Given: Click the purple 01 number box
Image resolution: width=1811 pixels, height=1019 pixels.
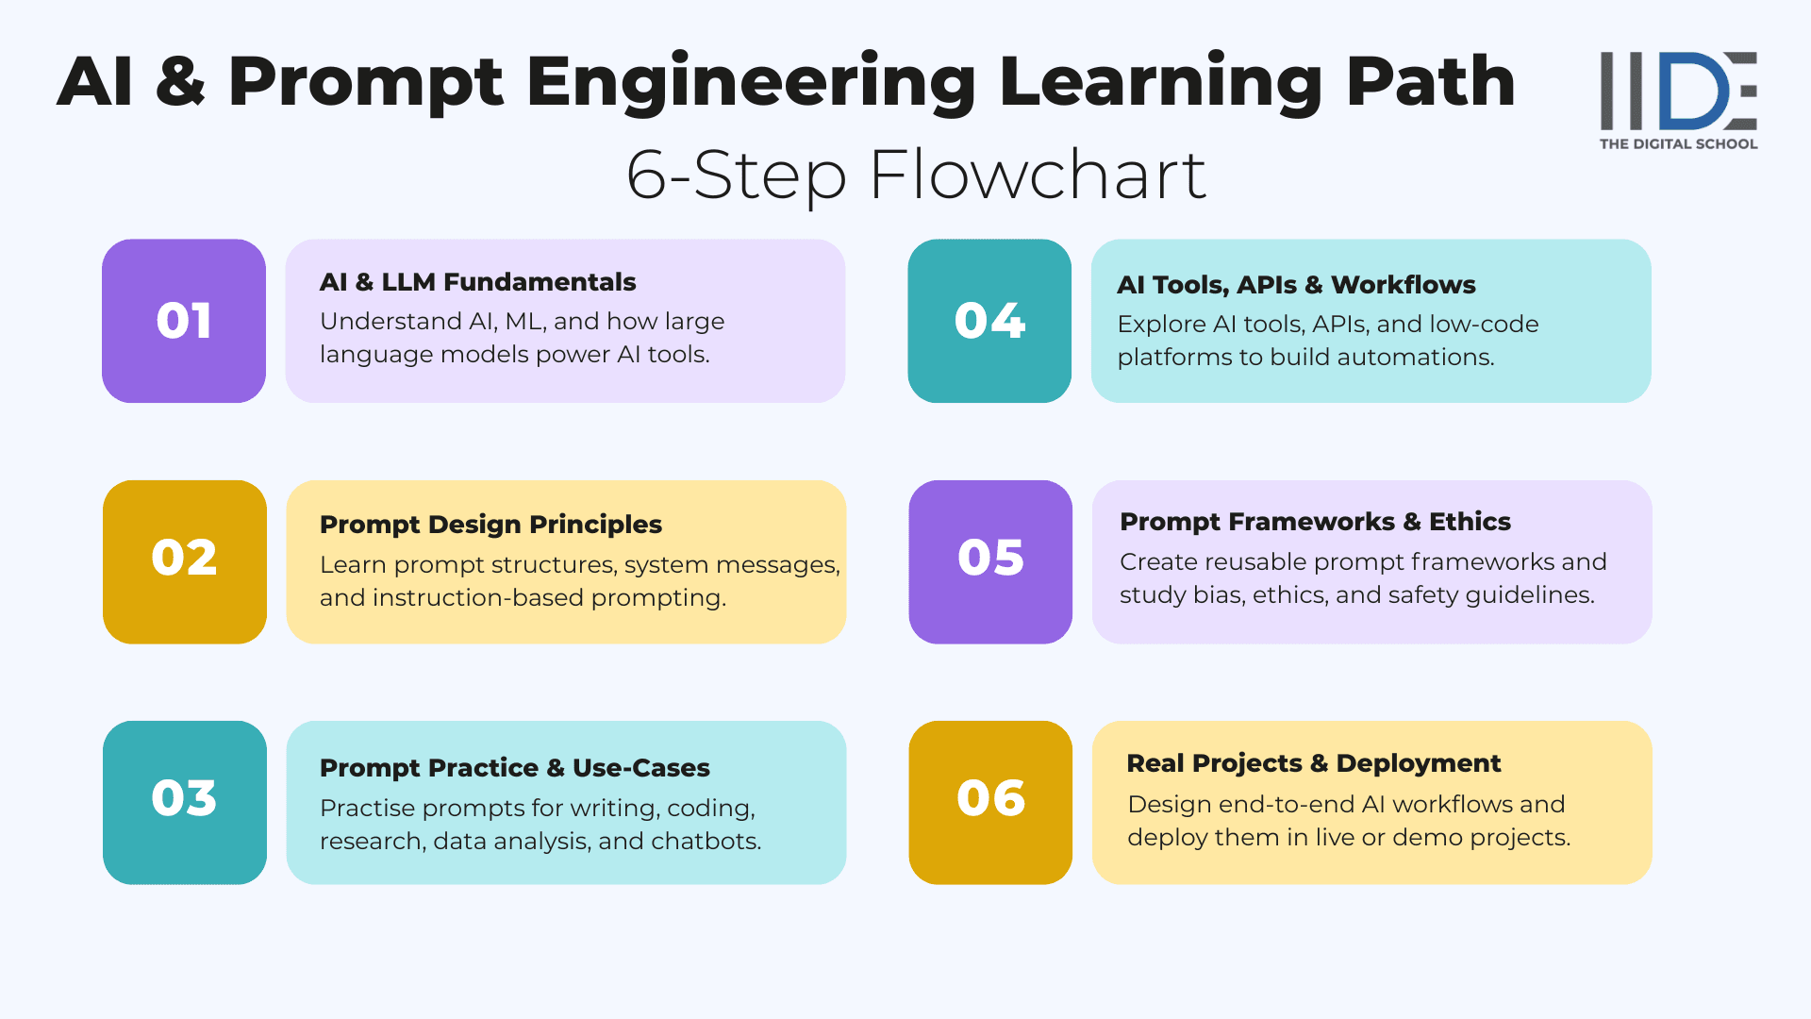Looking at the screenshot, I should pos(184,321).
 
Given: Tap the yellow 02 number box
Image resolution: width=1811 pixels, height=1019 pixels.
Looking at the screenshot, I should pos(185,562).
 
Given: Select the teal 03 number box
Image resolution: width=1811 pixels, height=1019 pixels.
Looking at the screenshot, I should pos(185,803).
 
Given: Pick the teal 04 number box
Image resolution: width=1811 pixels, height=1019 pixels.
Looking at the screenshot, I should pos(989,321).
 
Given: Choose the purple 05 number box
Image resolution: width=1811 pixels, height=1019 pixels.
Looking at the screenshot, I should pos(990,562).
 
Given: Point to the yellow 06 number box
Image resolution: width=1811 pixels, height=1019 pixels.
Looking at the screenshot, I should pos(990,803).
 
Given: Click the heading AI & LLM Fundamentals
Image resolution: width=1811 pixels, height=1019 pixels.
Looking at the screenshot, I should pos(477,282).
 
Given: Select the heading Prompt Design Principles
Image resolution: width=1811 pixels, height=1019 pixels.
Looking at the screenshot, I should pos(490,525).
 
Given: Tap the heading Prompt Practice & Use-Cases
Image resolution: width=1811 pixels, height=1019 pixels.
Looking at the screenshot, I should pos(514,768).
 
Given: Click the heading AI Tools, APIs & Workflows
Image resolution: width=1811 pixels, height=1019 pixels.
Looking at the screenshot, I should pos(1296,285).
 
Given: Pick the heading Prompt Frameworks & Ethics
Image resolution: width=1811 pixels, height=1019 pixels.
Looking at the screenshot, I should pos(1315,522).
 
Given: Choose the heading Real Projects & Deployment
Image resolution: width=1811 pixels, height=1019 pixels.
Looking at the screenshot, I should pos(1313,763).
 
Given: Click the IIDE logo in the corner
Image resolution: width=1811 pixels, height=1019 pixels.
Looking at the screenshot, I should pos(1678,91).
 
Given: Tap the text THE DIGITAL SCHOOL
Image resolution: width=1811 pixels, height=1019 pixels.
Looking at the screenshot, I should pos(1678,144).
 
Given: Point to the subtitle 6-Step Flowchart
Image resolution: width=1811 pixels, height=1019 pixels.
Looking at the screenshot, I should pos(916,175).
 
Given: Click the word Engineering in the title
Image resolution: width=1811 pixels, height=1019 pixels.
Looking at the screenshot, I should pos(750,83).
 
